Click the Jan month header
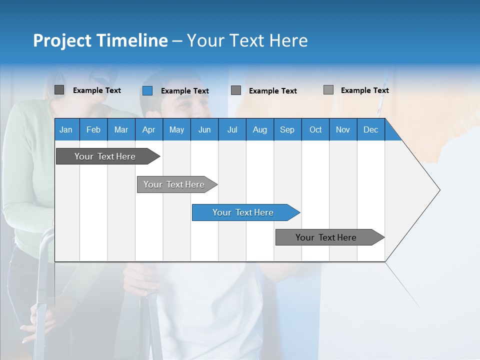pyautogui.click(x=66, y=129)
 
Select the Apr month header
pyautogui.click(x=148, y=129)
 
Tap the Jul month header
pyautogui.click(x=232, y=129)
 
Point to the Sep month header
pyautogui.click(x=287, y=129)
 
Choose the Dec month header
pyautogui.click(x=370, y=129)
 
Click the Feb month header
pyautogui.click(x=93, y=129)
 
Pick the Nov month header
pyautogui.click(x=343, y=129)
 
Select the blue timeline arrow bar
pyautogui.click(x=245, y=212)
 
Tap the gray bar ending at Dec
pyautogui.click(x=327, y=237)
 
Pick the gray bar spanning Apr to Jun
pyautogui.click(x=175, y=184)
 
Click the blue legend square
pyautogui.click(x=147, y=90)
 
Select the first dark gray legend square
pyautogui.click(x=59, y=90)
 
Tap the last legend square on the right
pyautogui.click(x=328, y=90)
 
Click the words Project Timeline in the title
pyautogui.click(x=100, y=40)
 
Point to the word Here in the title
pyautogui.click(x=288, y=40)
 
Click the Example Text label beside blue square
pyautogui.click(x=184, y=91)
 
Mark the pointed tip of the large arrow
pyautogui.click(x=439, y=190)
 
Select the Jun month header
pyautogui.click(x=204, y=129)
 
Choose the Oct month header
pyautogui.click(x=315, y=129)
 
